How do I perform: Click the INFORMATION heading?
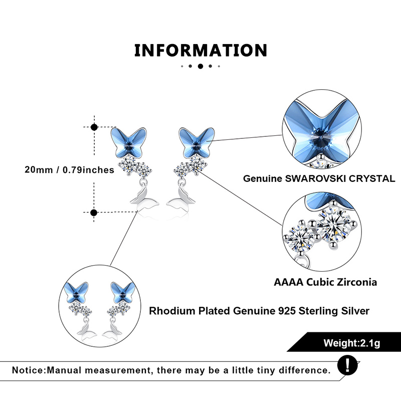click(201, 50)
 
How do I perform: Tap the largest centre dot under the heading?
click(200, 66)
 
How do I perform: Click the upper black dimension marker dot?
click(94, 127)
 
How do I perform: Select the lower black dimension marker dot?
click(94, 212)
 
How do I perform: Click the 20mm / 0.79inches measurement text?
click(69, 170)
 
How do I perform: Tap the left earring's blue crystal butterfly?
click(129, 142)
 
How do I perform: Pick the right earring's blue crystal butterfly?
click(196, 142)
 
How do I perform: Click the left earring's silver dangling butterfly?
click(144, 197)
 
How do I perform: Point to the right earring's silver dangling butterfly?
click(181, 197)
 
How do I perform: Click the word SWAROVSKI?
click(316, 178)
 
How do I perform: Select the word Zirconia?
click(357, 282)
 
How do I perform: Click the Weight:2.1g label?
click(352, 343)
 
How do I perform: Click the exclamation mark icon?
click(347, 365)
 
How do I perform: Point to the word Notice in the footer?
click(28, 370)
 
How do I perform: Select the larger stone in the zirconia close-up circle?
click(333, 226)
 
